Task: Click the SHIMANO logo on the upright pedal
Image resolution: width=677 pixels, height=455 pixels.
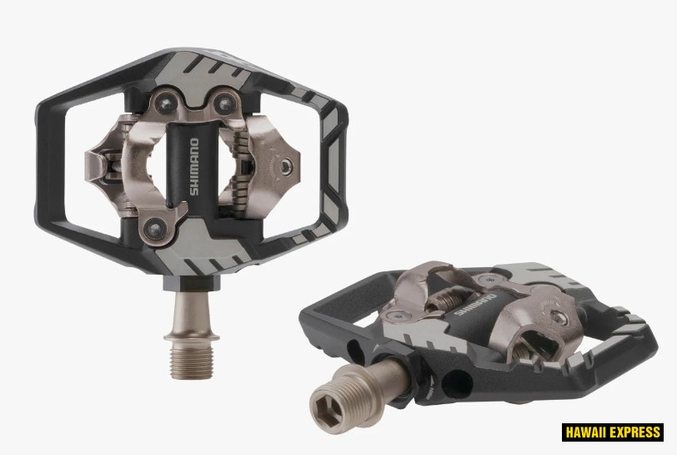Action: [x=194, y=167]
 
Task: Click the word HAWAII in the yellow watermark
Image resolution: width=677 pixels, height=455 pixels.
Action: [x=587, y=432]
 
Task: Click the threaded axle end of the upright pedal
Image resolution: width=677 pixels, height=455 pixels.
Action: [x=192, y=361]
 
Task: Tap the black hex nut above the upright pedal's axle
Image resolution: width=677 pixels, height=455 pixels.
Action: [x=192, y=282]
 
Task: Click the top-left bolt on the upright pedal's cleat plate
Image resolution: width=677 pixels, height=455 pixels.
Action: [x=165, y=103]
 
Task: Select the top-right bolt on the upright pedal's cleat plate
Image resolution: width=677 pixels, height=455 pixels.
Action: [x=224, y=103]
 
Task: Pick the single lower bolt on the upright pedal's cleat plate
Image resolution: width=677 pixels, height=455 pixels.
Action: [x=154, y=227]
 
